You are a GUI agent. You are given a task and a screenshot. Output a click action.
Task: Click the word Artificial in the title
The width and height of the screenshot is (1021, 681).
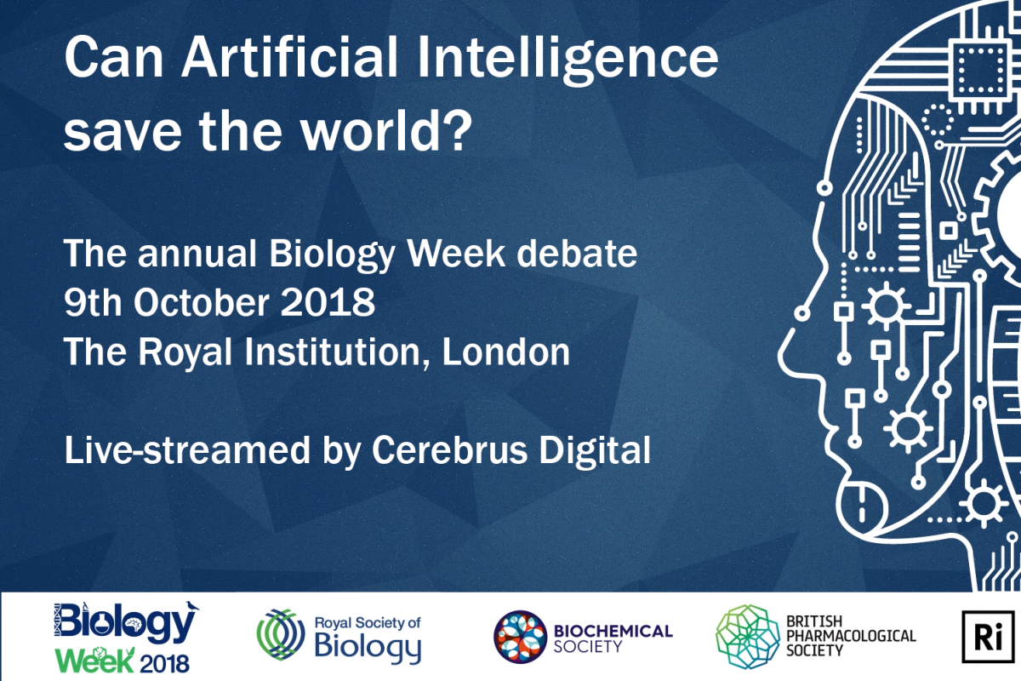coord(290,57)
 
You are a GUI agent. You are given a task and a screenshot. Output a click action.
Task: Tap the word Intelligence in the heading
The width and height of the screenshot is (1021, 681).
coord(568,60)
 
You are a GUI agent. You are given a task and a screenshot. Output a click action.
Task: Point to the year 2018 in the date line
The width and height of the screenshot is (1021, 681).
coord(328,302)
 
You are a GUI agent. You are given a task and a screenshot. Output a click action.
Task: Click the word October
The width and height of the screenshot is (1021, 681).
coord(202,302)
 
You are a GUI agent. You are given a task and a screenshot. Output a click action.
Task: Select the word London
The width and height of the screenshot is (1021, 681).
coord(506,352)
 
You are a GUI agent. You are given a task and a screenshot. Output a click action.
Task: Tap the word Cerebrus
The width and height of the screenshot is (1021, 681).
coord(449,450)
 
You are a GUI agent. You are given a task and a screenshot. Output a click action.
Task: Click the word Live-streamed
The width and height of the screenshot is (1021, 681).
coord(187,450)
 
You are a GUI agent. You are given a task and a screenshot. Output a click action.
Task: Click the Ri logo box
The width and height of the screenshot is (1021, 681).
coord(988,637)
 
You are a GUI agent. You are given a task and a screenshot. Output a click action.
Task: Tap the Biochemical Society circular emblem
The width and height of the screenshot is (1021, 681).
coord(520,637)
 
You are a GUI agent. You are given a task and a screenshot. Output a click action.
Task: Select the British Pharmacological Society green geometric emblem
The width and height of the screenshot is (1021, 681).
coord(748,637)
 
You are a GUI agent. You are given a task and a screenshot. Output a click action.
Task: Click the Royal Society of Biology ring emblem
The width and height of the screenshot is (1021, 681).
coord(281,634)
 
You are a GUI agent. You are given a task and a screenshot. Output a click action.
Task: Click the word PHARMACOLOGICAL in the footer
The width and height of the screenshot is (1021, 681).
coord(851,636)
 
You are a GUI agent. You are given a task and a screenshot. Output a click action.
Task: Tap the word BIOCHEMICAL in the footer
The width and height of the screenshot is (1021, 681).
coord(613,631)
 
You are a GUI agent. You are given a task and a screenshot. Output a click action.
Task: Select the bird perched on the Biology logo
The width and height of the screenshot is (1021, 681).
coord(192,606)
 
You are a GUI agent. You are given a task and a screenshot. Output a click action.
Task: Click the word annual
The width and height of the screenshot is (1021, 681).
coord(197,253)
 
